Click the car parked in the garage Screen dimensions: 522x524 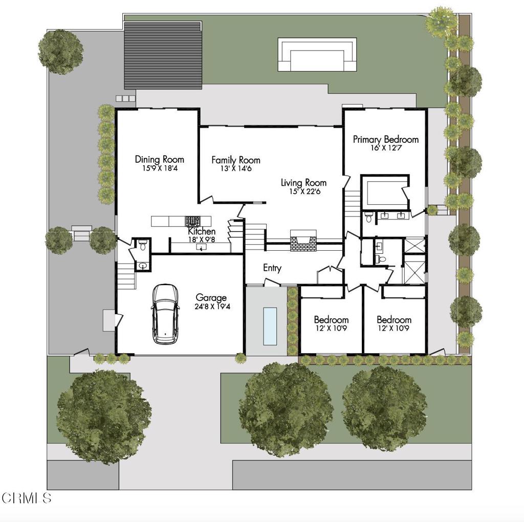click(x=165, y=314)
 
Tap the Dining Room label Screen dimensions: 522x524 click(x=159, y=159)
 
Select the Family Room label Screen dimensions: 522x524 click(x=236, y=160)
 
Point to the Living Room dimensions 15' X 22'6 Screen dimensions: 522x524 click(x=303, y=192)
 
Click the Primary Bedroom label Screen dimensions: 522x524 click(x=385, y=139)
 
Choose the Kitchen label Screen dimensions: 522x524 click(x=202, y=232)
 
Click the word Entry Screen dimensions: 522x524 click(x=272, y=268)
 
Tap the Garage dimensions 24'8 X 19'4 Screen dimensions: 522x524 click(x=211, y=307)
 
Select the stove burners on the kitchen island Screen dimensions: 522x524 click(x=193, y=221)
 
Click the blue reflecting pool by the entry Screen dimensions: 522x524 click(x=270, y=325)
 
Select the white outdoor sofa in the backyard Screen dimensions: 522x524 click(x=317, y=55)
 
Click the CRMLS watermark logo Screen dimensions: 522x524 click(x=27, y=497)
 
